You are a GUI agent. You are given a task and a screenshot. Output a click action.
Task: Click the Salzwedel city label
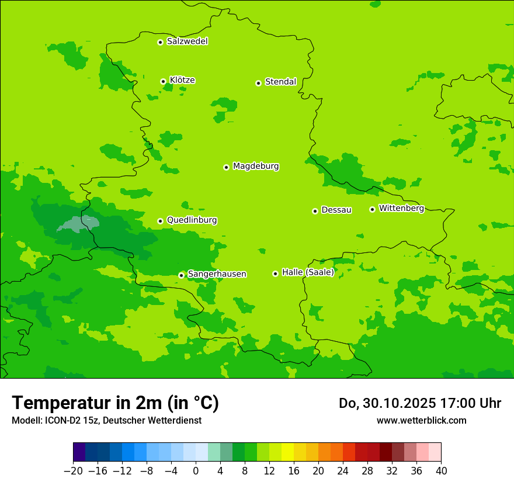(187, 41)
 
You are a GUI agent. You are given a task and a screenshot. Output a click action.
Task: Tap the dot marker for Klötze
(163, 81)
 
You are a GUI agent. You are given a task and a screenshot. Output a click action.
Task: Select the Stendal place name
(280, 82)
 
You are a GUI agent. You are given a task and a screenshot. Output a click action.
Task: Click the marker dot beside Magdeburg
(226, 167)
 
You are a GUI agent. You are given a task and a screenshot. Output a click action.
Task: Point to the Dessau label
(336, 210)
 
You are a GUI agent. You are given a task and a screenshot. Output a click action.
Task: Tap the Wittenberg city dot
(372, 209)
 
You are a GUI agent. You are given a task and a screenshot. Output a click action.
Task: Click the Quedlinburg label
(192, 220)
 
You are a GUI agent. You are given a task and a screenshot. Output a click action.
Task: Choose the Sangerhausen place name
(217, 274)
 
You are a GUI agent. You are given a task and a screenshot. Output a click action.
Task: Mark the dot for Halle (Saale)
(275, 273)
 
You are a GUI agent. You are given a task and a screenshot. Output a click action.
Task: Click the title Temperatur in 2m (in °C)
(115, 403)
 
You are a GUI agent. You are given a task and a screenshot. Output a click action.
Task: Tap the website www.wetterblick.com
(421, 420)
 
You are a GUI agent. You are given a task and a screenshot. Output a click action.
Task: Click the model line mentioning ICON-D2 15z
(106, 420)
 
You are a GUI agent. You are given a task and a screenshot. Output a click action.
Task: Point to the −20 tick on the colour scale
(73, 471)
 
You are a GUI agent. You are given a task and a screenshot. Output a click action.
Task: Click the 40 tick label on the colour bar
(441, 471)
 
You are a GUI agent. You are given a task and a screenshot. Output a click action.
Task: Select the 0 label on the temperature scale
(196, 471)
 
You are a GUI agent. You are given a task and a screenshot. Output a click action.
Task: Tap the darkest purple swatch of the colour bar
(79, 452)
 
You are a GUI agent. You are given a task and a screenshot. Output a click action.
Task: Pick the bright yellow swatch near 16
(287, 452)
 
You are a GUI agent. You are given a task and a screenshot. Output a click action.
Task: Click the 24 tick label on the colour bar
(343, 471)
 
